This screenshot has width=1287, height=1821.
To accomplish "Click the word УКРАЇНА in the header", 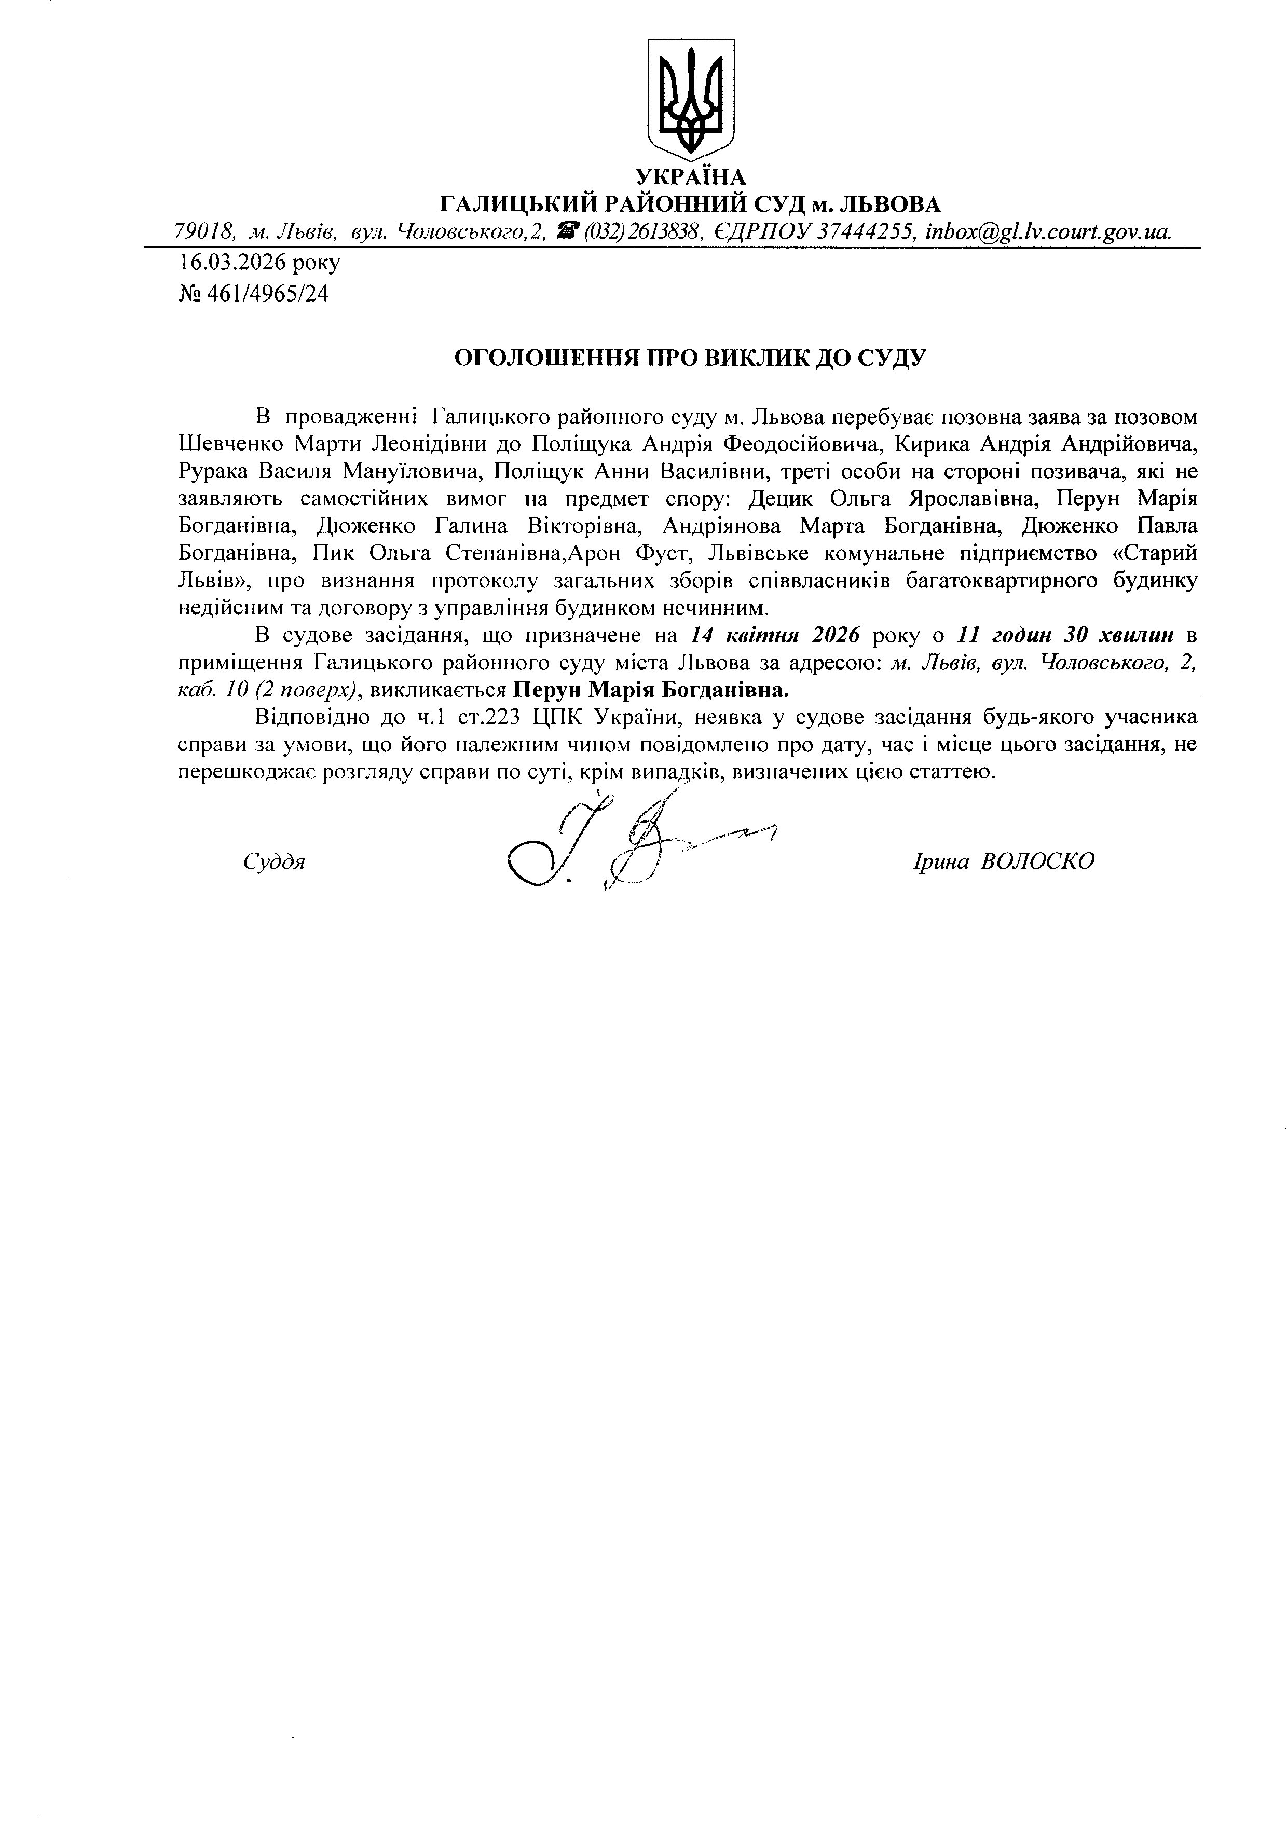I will (690, 177).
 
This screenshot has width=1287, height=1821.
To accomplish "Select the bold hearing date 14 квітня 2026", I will (775, 635).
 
